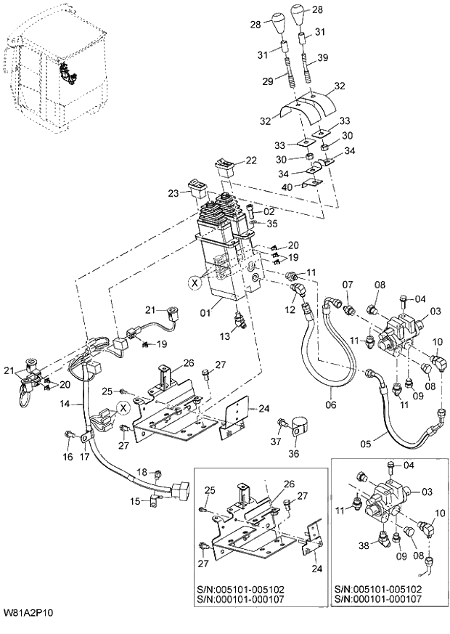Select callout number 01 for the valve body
(207, 313)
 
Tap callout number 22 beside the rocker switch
(250, 160)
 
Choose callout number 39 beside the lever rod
(323, 58)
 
